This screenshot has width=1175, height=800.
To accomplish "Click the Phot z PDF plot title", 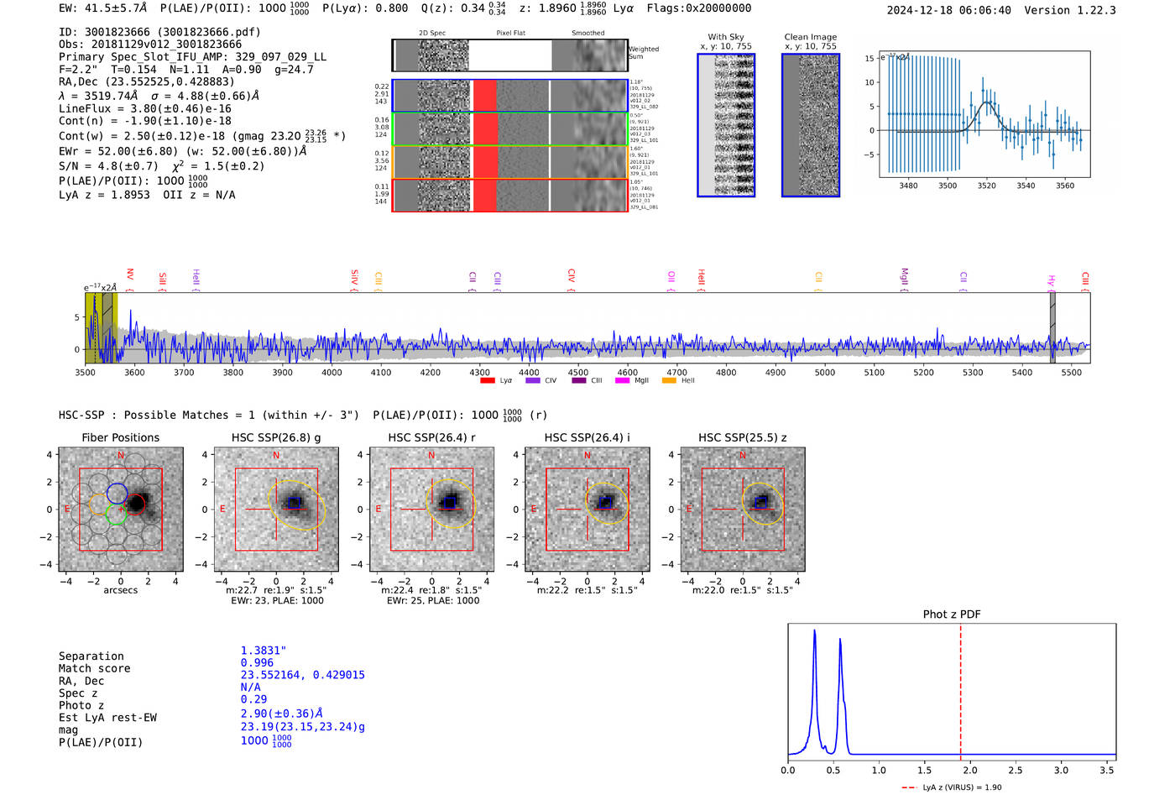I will point(951,614).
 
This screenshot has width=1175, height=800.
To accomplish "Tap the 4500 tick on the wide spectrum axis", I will point(578,373).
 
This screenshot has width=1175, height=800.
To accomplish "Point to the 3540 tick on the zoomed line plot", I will point(1026,186).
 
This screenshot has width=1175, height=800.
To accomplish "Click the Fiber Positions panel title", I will point(120,437).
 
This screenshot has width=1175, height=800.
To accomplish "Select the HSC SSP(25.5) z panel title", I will point(743,437).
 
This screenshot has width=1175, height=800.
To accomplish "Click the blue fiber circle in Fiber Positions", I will point(117,494).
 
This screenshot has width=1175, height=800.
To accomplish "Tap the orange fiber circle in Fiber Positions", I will point(98,505).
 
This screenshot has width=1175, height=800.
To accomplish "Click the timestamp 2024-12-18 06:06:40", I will point(948,10).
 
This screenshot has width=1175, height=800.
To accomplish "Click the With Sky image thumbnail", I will point(726,125).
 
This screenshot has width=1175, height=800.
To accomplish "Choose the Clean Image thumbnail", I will point(810,125).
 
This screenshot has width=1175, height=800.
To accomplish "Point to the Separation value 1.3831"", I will point(264,651).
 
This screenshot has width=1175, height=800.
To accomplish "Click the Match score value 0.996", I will point(257,663).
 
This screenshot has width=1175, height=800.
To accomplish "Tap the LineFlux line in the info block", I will point(144,108).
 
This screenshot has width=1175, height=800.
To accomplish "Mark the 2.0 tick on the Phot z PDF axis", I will point(969,770).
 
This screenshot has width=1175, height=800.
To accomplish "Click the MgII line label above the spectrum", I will point(904,276).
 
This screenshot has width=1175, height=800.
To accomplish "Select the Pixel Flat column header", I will point(510,34).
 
